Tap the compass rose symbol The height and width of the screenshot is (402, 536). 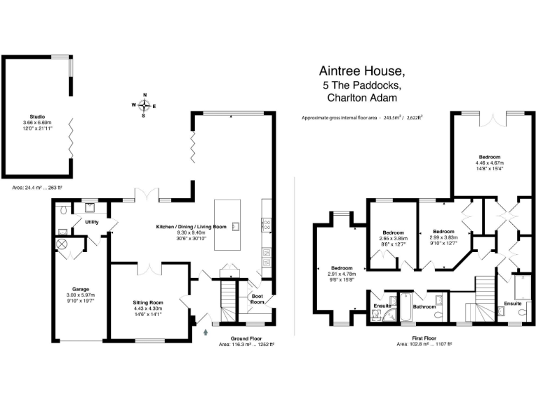pos(144,105)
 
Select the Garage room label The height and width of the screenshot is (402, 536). pos(80,288)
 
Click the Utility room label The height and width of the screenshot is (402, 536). pos(92,222)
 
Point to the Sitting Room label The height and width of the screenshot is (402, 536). pos(147,302)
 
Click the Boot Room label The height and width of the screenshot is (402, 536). pos(258,299)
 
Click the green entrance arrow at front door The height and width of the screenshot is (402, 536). pos(205,332)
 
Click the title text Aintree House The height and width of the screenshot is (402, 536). pos(362,71)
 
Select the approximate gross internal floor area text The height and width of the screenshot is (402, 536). pos(362,118)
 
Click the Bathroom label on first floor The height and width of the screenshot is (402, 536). pos(424,306)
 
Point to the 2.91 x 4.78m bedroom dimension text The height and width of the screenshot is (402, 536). pos(341,274)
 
